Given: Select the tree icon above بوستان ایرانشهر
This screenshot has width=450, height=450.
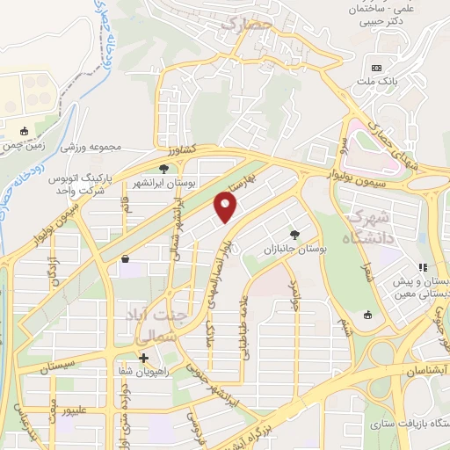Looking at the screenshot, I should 163,168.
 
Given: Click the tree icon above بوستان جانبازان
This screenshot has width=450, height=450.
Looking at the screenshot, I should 294,235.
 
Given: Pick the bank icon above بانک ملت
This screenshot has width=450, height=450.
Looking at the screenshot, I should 377,68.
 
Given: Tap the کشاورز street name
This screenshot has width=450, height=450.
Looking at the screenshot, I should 201,151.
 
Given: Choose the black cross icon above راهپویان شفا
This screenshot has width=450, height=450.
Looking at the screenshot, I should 143,357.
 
